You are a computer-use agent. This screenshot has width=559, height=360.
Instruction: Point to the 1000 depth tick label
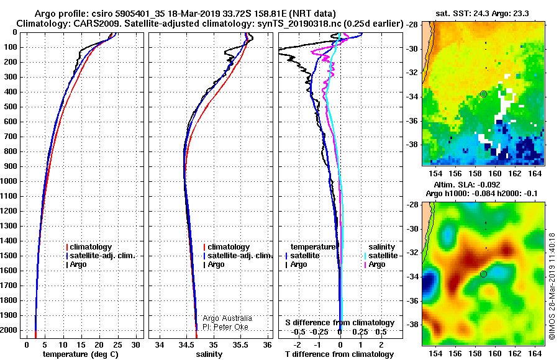click(x=9, y=181)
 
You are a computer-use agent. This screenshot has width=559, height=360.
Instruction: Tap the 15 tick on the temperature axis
click(x=81, y=345)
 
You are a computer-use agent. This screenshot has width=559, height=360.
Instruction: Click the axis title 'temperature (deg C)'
click(x=81, y=354)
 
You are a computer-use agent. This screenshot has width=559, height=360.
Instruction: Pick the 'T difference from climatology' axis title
click(x=339, y=354)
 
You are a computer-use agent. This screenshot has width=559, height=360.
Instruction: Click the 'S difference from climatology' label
click(x=340, y=323)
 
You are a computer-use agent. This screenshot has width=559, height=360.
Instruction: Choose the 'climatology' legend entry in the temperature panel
click(x=89, y=247)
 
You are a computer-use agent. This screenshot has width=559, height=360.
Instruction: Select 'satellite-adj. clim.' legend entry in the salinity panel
click(x=238, y=256)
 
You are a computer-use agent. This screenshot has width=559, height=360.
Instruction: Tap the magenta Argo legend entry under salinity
click(x=375, y=264)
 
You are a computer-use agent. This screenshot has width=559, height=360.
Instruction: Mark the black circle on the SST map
click(x=483, y=94)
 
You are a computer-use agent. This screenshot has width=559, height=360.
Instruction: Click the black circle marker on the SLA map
click(x=483, y=274)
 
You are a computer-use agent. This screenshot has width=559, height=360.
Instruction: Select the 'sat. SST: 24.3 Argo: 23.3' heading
click(x=482, y=14)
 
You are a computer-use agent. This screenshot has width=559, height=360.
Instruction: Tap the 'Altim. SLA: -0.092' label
click(x=467, y=184)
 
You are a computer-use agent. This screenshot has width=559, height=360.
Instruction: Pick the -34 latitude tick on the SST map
click(x=412, y=97)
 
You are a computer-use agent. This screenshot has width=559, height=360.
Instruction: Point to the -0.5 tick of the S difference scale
click(x=298, y=332)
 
